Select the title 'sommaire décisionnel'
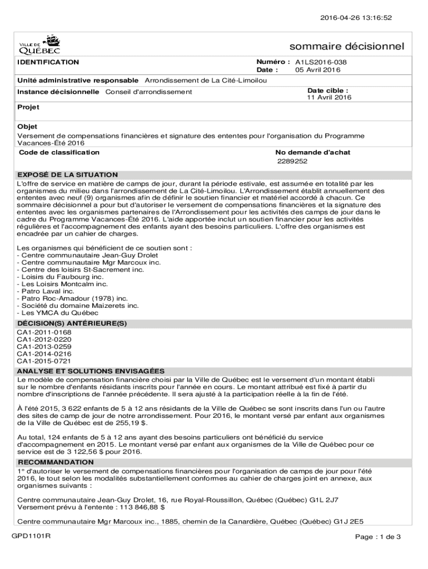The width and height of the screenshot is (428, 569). [x=347, y=46]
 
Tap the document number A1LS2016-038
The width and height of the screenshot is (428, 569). [x=325, y=63]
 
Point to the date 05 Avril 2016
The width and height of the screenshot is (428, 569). [x=318, y=71]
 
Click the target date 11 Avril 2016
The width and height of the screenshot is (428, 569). [x=329, y=98]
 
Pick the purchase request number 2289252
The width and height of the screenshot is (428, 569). [x=292, y=162]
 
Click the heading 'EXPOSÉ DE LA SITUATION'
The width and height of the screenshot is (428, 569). [x=67, y=175]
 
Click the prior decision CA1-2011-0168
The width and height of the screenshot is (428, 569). [x=44, y=332]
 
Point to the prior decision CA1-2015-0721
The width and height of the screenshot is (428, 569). [x=44, y=361]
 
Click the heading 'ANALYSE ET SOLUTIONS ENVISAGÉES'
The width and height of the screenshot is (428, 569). [x=91, y=371]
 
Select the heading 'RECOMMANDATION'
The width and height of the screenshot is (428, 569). [x=56, y=462]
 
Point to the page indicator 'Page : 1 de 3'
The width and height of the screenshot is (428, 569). [x=378, y=537]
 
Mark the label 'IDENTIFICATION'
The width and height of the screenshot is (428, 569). [x=48, y=62]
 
